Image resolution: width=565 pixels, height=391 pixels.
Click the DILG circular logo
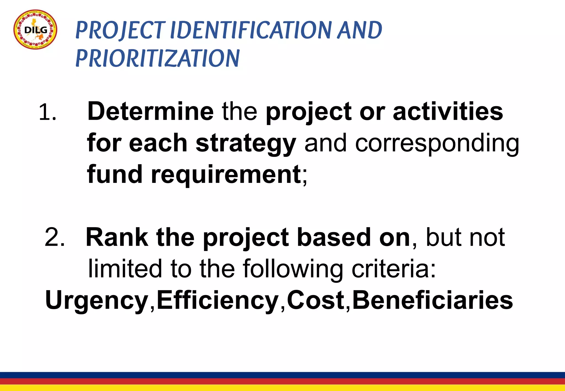pos(35,30)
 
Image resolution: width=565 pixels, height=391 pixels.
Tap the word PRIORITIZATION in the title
pos(158,58)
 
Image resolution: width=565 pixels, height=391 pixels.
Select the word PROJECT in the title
pos(120,30)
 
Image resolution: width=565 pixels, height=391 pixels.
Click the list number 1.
pos(47,113)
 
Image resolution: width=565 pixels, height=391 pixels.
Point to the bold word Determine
pos(150,111)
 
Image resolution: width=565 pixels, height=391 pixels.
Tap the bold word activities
pos(448,111)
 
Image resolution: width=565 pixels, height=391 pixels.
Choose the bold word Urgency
pos(97,301)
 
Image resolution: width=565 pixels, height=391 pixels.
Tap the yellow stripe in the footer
pos(282,388)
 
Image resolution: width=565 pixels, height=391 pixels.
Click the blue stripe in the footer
pos(282,375)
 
